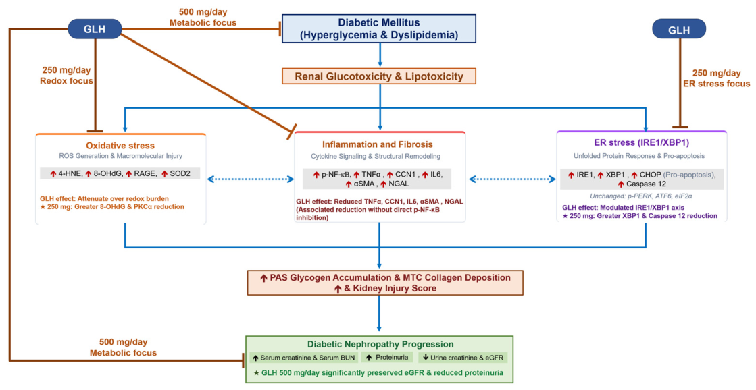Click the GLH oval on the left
click(x=95, y=29)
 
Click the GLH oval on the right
click(x=679, y=30)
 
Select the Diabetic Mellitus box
click(x=379, y=29)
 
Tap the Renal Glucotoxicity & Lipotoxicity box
click(x=379, y=76)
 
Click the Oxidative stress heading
click(x=120, y=146)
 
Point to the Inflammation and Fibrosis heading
click(x=378, y=144)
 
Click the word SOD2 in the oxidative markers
click(x=180, y=174)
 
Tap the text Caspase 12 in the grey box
click(x=646, y=184)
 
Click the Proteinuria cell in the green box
click(x=387, y=358)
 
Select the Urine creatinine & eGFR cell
click(x=462, y=358)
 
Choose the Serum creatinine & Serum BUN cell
click(x=304, y=358)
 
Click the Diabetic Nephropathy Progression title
click(x=380, y=344)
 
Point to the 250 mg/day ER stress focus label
click(x=716, y=78)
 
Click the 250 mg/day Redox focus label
click(x=66, y=75)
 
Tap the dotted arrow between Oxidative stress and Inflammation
click(x=250, y=179)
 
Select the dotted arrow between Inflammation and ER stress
click(x=512, y=179)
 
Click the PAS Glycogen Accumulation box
click(x=384, y=283)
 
